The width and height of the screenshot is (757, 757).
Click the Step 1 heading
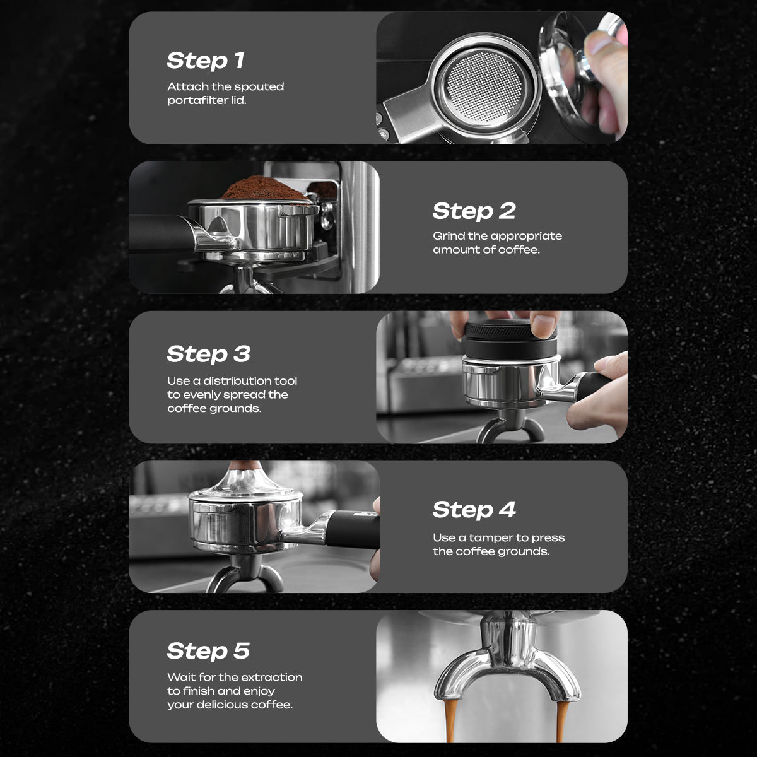tap(206, 61)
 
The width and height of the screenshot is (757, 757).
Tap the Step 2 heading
tap(474, 211)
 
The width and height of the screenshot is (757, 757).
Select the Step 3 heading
tap(209, 354)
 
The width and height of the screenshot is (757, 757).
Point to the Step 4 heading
tap(474, 510)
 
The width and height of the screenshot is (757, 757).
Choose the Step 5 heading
tap(208, 651)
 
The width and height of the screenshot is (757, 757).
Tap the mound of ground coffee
tap(264, 188)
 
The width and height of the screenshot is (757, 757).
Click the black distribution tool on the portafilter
tap(510, 338)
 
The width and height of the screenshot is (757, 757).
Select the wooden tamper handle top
tap(245, 465)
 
